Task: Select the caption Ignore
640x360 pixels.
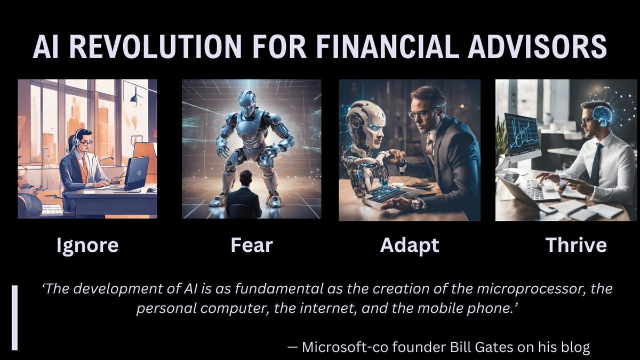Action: (87, 245)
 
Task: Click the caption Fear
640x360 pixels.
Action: (252, 245)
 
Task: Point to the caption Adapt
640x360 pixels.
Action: (410, 245)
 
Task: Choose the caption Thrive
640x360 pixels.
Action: (576, 245)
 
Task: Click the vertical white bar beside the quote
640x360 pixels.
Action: (15, 318)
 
